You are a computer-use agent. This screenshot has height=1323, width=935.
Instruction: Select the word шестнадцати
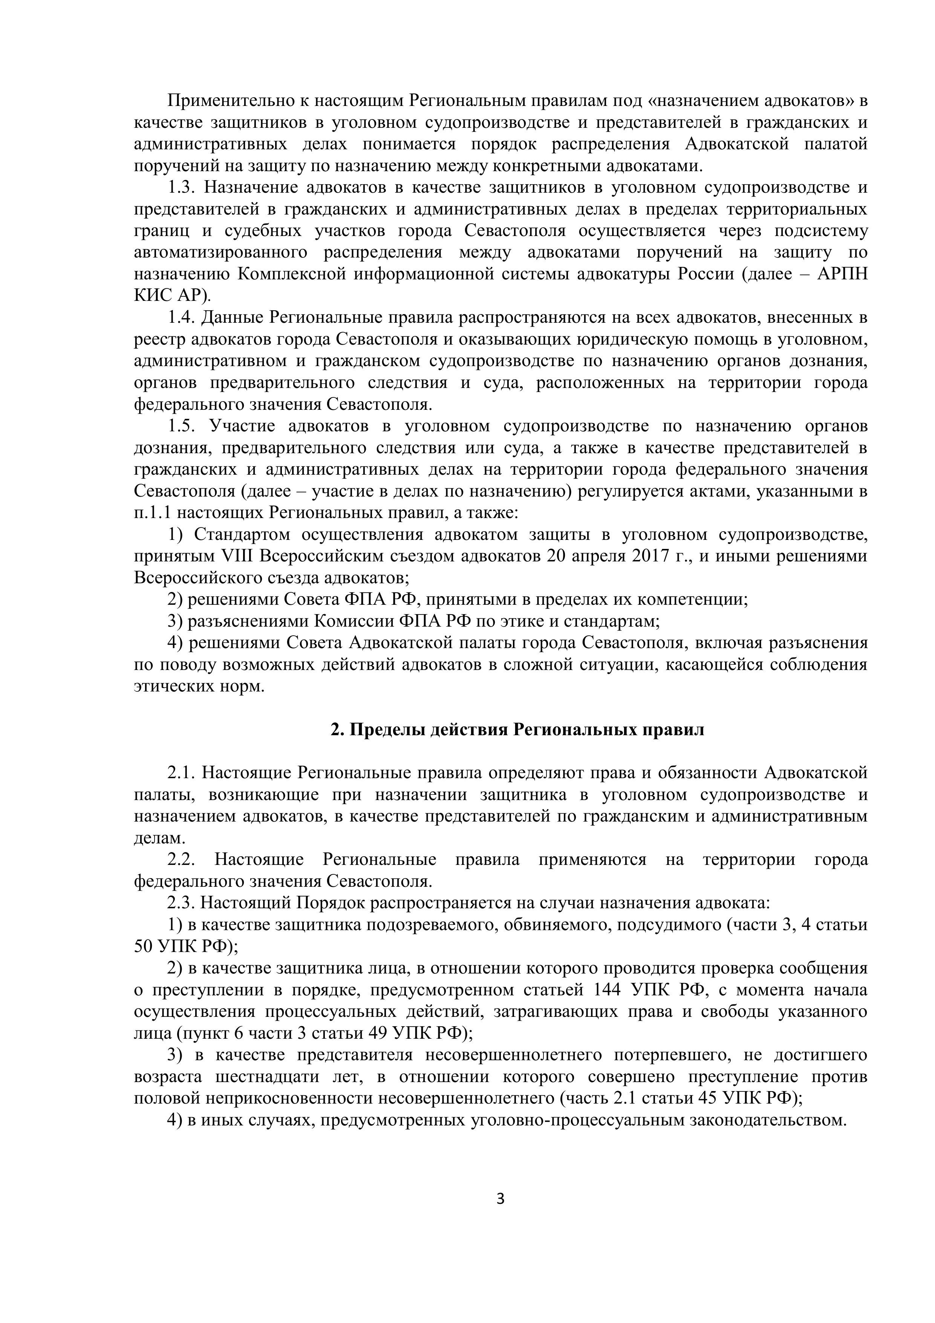pyautogui.click(x=267, y=1077)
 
